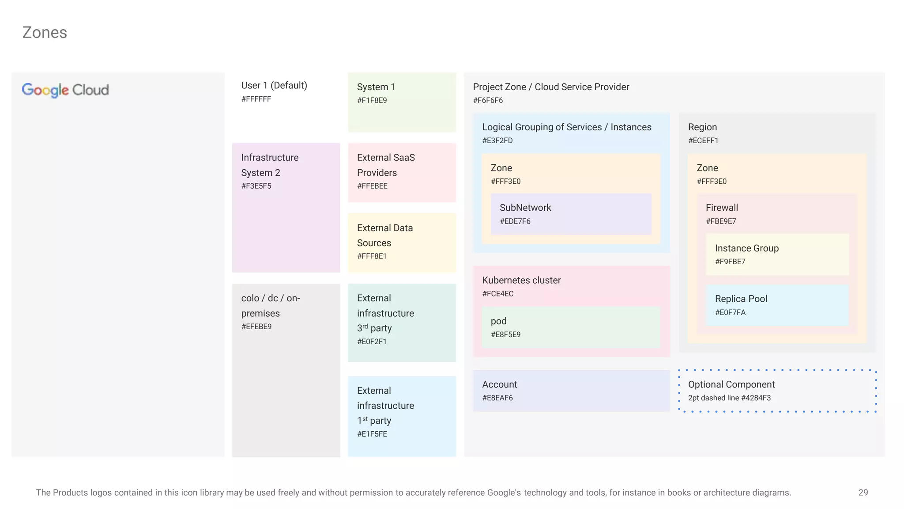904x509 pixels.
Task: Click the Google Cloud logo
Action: click(x=65, y=90)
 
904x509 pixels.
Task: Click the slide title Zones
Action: click(x=45, y=33)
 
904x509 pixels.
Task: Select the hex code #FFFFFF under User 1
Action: click(x=256, y=99)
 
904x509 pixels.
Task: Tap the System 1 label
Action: click(x=376, y=87)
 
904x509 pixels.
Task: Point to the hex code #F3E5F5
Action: click(x=256, y=186)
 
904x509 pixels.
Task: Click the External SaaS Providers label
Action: click(x=386, y=165)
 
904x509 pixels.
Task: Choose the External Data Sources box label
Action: click(x=385, y=235)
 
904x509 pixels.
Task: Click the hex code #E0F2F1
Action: click(x=372, y=342)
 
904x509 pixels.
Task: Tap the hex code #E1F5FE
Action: click(x=372, y=434)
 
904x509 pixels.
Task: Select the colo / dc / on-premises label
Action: click(x=270, y=305)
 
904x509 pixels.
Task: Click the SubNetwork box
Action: click(x=571, y=214)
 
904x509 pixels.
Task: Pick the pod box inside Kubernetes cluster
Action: click(x=571, y=327)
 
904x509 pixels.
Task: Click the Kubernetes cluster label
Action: click(x=521, y=280)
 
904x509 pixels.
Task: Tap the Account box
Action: click(x=571, y=391)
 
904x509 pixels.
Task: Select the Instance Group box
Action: click(x=777, y=254)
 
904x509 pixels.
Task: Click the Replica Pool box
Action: click(x=777, y=305)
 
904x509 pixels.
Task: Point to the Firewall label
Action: click(x=722, y=208)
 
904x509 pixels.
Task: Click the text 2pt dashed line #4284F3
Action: click(x=729, y=398)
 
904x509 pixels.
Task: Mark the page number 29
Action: click(x=863, y=492)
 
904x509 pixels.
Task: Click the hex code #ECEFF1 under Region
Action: click(x=703, y=141)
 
